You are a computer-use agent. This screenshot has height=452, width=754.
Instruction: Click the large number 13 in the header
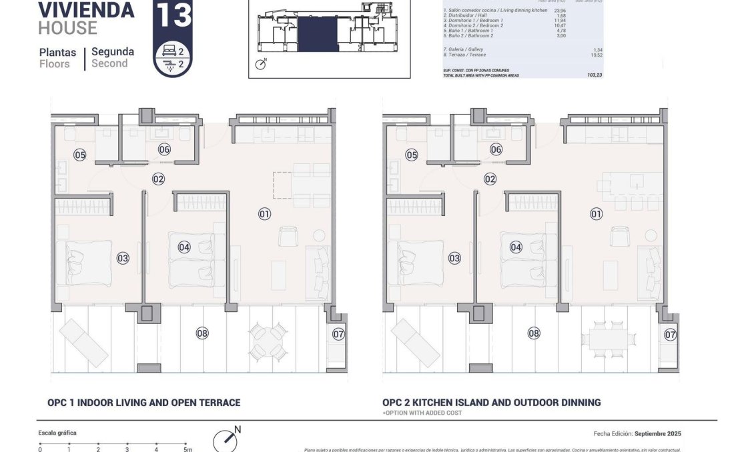(x=173, y=15)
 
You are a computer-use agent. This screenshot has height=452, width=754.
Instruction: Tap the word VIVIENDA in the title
(x=86, y=10)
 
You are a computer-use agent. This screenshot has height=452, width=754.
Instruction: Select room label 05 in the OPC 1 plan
(x=80, y=155)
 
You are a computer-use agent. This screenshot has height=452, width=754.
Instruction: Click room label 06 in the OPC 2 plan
(x=496, y=149)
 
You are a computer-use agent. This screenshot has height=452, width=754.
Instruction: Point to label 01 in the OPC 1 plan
(x=264, y=214)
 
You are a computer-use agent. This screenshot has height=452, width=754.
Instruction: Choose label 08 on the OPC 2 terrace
(x=533, y=333)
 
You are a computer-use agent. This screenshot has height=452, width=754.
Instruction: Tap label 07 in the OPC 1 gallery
(x=338, y=333)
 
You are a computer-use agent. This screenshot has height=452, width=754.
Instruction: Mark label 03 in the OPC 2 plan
(x=454, y=258)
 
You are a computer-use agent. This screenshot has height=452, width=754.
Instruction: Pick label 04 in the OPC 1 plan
(x=185, y=247)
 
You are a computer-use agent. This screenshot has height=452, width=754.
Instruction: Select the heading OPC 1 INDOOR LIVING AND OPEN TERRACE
(x=143, y=403)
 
